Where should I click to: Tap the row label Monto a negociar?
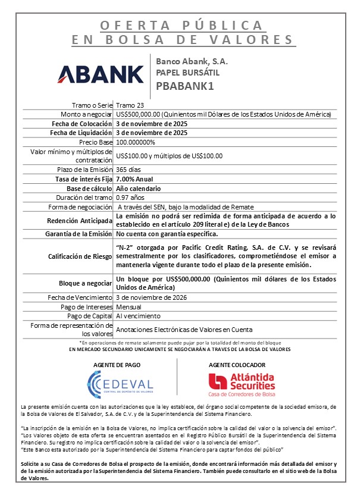[x=86, y=114]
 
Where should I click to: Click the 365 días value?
[x=129, y=170]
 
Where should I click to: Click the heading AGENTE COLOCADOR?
[x=241, y=365]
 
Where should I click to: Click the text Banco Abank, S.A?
[x=192, y=61]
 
